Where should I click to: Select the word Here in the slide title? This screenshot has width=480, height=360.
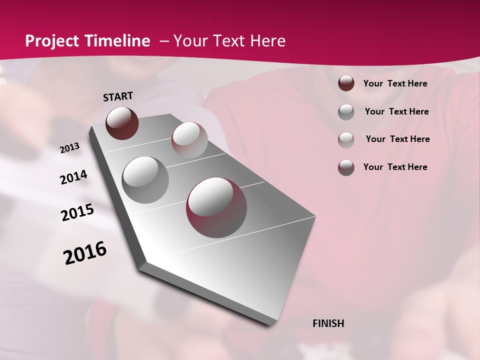(x=267, y=41)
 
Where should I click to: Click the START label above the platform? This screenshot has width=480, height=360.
(x=118, y=96)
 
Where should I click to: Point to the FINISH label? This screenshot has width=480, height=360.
(x=328, y=323)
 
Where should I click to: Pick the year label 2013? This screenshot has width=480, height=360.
(x=69, y=148)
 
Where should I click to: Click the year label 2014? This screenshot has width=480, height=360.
(x=73, y=177)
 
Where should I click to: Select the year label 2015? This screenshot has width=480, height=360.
(x=77, y=212)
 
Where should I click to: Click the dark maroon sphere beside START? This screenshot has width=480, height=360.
(x=122, y=123)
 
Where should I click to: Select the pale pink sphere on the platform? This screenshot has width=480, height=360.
(x=189, y=140)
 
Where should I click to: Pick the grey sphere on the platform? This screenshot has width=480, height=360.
(x=145, y=179)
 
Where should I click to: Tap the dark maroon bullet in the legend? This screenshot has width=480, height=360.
(x=346, y=83)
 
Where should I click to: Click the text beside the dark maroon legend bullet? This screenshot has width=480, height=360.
(x=395, y=84)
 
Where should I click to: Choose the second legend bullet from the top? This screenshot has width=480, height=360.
(x=346, y=112)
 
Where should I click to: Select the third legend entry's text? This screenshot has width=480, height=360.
(x=397, y=139)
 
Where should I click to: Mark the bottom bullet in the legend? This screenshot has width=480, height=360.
(x=346, y=167)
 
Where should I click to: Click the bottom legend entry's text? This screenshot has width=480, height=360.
(x=395, y=167)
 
